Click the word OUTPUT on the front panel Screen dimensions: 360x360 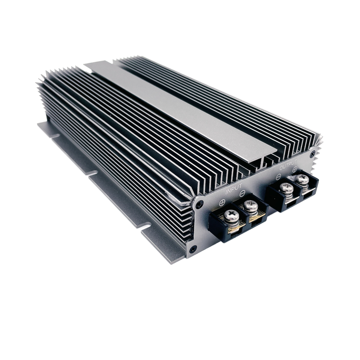pyautogui.click(x=288, y=165)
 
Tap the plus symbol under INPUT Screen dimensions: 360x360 pyautogui.click(x=222, y=202)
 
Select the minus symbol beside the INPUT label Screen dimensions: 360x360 pyautogui.click(x=242, y=193)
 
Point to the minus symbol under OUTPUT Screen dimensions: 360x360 pyautogui.click(x=278, y=177)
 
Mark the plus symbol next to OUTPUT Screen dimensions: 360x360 pyautogui.click(x=295, y=169)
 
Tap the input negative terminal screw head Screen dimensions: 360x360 pyautogui.click(x=251, y=206)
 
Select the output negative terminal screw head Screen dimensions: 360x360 pyautogui.click(x=286, y=188)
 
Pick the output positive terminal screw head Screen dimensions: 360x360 pyautogui.click(x=302, y=180)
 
